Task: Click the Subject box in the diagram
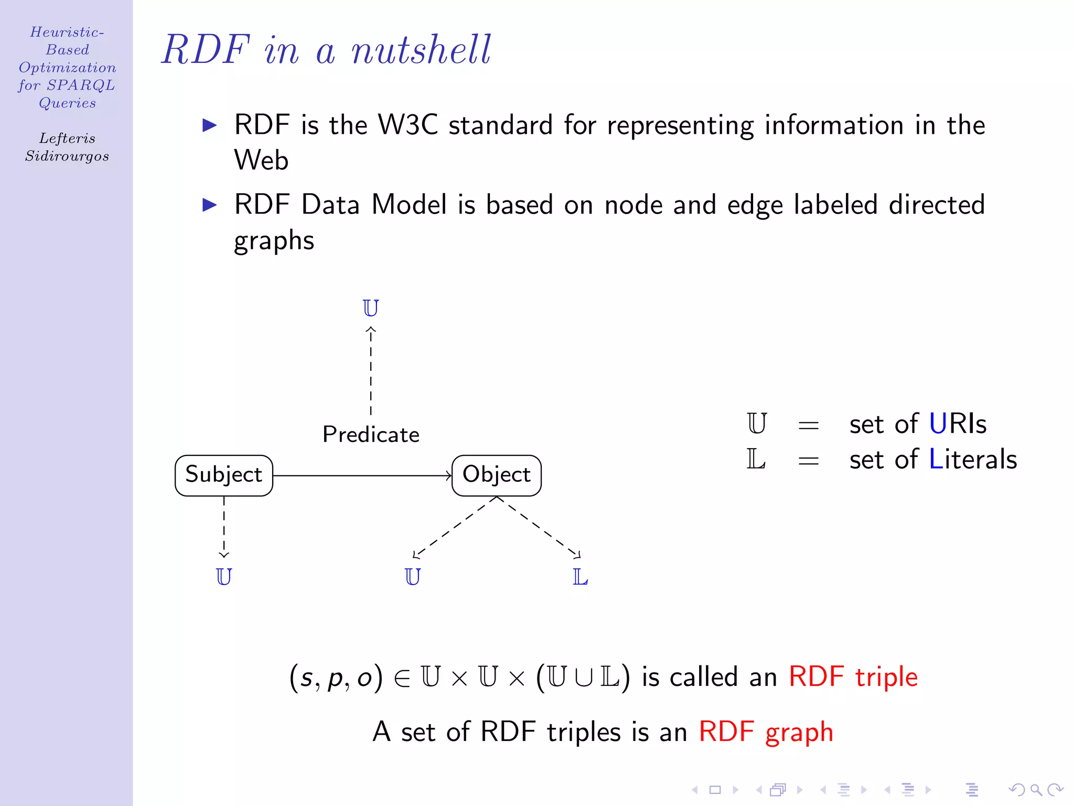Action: (224, 475)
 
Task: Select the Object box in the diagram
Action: (496, 475)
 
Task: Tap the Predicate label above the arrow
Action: (371, 434)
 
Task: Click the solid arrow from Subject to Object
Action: (362, 476)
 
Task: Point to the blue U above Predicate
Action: (371, 308)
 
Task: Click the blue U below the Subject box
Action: (224, 577)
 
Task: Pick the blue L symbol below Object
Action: (580, 577)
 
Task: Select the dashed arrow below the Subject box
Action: (224, 527)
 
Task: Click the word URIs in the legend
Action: (958, 424)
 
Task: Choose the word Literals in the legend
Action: (973, 460)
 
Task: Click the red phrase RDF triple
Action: (853, 677)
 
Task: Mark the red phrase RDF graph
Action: (766, 732)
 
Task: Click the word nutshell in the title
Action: (421, 50)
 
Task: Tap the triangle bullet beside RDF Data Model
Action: (210, 205)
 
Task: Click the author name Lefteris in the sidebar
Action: (67, 139)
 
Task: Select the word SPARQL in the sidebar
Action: (81, 85)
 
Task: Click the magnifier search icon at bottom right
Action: (1036, 790)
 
